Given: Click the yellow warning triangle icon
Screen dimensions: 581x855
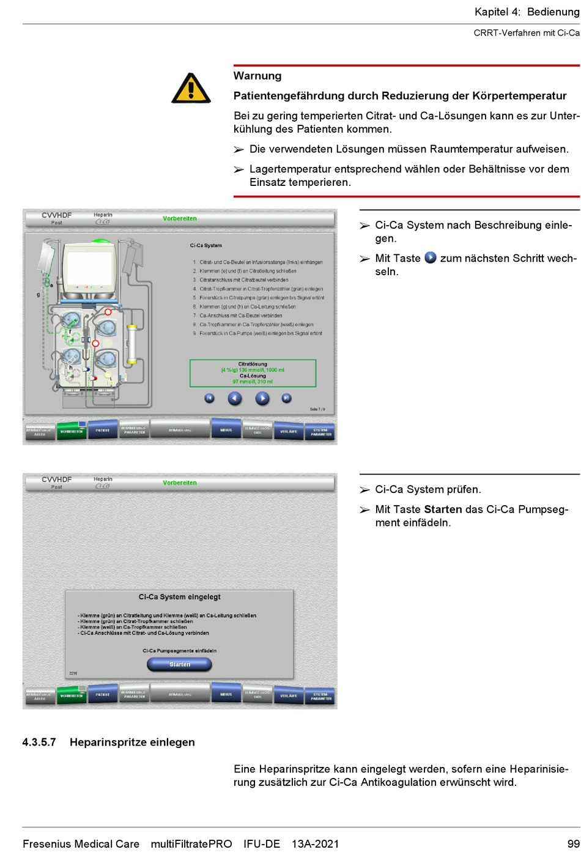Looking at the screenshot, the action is (x=191, y=89).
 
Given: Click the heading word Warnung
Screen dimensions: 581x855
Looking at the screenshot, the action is (x=257, y=76).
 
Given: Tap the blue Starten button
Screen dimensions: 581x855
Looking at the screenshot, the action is (x=180, y=664).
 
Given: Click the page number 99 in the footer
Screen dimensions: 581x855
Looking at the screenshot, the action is (x=572, y=844).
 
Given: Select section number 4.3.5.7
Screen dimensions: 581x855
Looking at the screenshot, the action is (x=39, y=742).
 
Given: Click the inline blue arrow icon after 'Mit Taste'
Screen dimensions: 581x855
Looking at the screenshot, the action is (x=431, y=258).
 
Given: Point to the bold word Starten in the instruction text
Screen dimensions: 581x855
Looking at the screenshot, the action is (x=443, y=509).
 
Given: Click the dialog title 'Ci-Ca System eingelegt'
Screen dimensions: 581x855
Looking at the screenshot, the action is (x=180, y=597).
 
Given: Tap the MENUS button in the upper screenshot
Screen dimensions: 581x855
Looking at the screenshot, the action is (x=226, y=430).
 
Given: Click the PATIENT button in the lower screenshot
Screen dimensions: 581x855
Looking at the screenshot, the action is (x=103, y=695).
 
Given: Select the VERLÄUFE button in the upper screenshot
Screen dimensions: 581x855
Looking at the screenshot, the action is (x=289, y=431).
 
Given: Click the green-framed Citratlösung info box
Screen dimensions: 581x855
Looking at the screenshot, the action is (x=253, y=372).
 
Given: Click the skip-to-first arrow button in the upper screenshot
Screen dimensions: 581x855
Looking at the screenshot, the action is (x=209, y=398).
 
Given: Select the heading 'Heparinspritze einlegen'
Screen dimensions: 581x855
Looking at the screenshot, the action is (x=132, y=742).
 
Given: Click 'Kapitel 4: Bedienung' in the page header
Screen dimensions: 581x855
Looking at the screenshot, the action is (x=527, y=12).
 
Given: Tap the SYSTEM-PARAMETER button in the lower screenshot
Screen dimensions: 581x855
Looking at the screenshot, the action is (x=320, y=695).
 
